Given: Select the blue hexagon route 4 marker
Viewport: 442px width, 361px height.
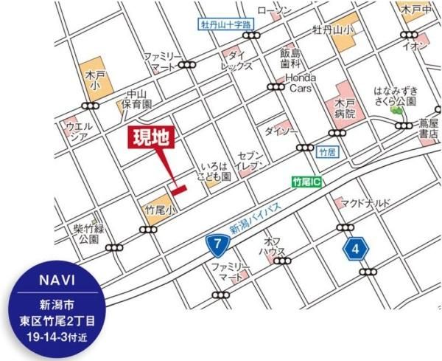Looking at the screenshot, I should point(356,250).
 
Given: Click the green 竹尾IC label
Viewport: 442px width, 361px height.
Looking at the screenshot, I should point(306,181).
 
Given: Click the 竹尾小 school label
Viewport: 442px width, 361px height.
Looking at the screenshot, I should point(159,210).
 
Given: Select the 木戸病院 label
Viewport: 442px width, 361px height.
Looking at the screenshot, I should point(344,108).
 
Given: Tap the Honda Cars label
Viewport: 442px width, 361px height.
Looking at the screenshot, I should point(301,81).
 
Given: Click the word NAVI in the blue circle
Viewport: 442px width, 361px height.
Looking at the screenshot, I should point(56,281).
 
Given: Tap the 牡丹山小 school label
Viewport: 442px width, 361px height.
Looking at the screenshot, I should point(332,30).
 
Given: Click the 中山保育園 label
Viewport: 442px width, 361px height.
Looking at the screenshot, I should point(137,99).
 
